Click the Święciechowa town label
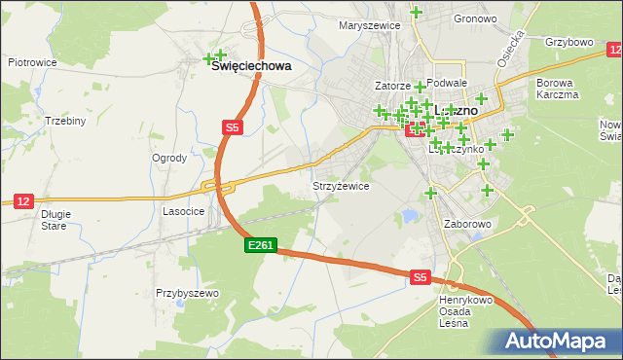[252, 66]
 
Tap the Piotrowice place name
[32, 61]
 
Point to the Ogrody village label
[169, 158]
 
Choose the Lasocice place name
[182, 210]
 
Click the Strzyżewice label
[340, 185]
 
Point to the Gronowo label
[475, 18]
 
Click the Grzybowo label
[569, 43]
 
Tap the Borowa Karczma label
[557, 89]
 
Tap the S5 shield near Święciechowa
[231, 126]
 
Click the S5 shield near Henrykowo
[419, 277]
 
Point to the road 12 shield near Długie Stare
[23, 200]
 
